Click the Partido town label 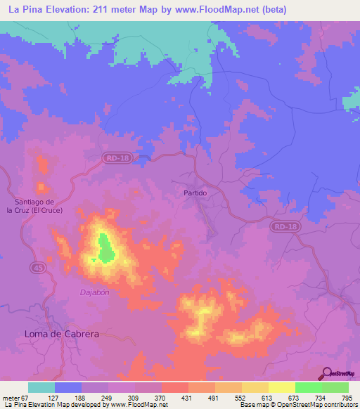195,193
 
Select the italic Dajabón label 94,292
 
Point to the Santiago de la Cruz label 34,205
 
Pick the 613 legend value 266,398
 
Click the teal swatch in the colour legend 41,387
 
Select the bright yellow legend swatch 281,387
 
